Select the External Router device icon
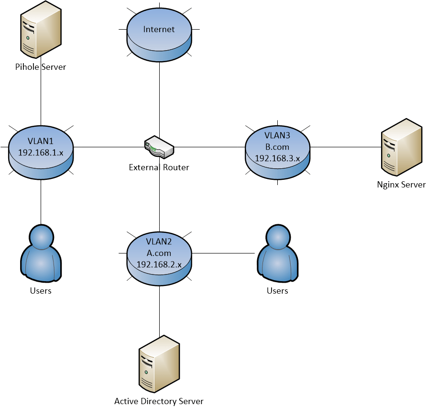click(159, 147)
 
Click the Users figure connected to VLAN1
click(41, 254)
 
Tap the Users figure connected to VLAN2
click(277, 254)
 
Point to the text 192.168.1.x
click(41, 153)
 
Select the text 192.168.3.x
click(277, 158)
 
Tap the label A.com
click(159, 253)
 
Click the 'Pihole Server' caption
click(41, 67)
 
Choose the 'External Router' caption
click(159, 167)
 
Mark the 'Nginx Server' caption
click(401, 185)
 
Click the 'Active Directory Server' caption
click(159, 401)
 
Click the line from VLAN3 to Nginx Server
click(344, 147)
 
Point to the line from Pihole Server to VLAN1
click(41, 96)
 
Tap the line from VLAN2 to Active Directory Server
click(159, 311)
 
